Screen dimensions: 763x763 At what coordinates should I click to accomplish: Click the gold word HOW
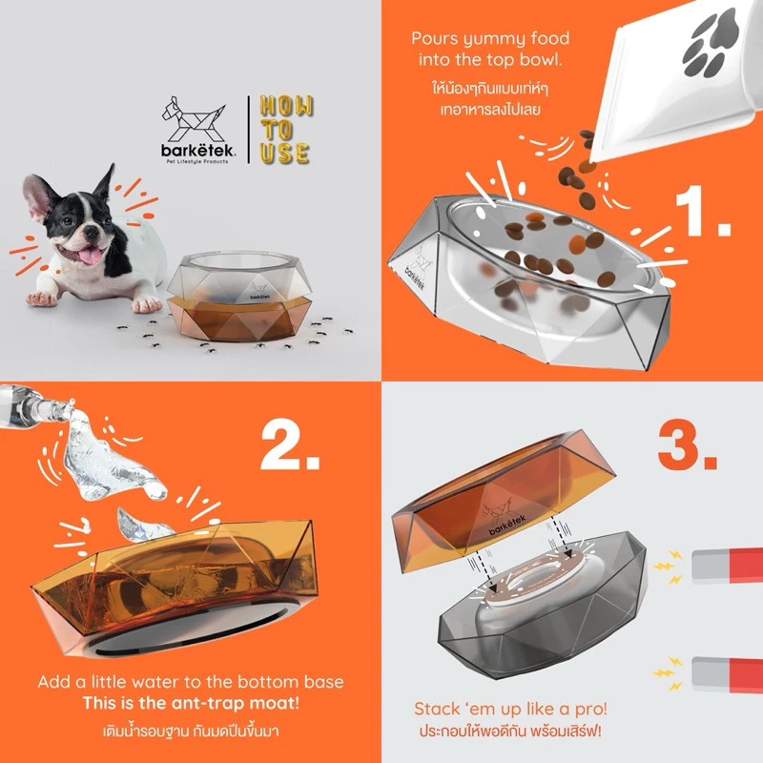286,106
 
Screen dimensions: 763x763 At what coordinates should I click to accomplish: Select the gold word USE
285,153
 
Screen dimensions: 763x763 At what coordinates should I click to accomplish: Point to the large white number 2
291,445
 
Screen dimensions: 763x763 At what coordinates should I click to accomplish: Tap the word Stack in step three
435,709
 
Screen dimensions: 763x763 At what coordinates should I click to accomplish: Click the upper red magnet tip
746,566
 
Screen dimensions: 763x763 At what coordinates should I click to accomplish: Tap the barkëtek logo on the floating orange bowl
504,518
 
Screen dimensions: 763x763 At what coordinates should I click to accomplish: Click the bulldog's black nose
91,234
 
